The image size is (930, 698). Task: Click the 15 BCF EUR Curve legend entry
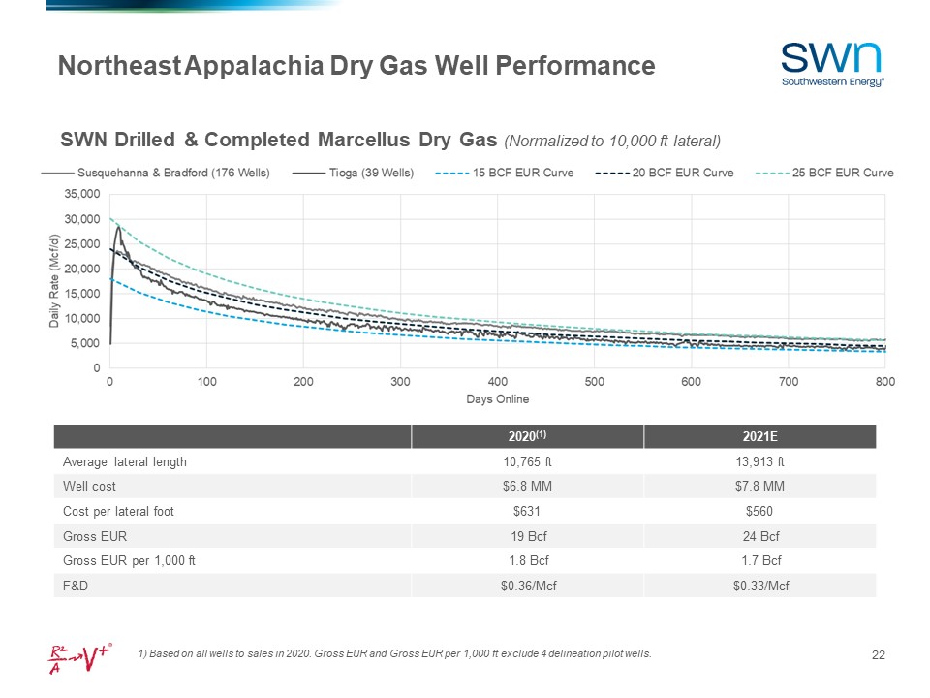pyautogui.click(x=505, y=174)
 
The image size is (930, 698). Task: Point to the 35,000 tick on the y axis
pyautogui.click(x=81, y=194)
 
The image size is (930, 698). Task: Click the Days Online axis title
pyautogui.click(x=498, y=399)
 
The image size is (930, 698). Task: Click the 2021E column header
pyautogui.click(x=760, y=437)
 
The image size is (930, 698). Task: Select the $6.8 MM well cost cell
pyautogui.click(x=528, y=487)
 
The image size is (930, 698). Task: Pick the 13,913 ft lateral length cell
pyautogui.click(x=760, y=462)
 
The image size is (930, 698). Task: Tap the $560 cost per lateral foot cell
pyautogui.click(x=760, y=512)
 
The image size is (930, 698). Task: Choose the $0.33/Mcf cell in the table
pyautogui.click(x=760, y=586)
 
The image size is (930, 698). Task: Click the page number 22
pyautogui.click(x=879, y=656)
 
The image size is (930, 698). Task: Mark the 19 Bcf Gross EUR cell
pyautogui.click(x=528, y=536)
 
